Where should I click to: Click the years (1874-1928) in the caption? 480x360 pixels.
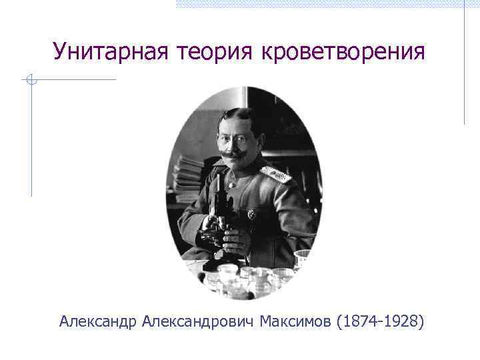[381, 323]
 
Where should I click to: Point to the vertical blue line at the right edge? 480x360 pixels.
[465, 63]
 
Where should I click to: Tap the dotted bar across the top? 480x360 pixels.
[327, 3]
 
